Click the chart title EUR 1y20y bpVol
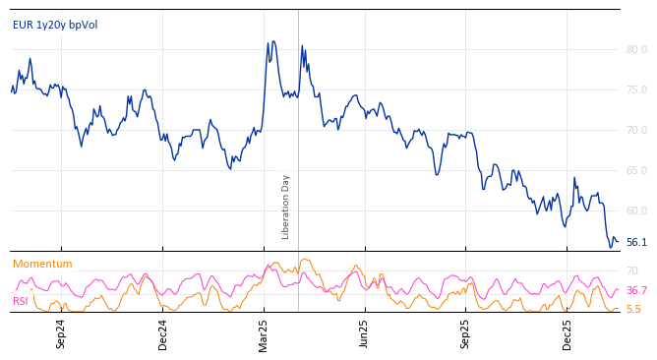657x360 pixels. (55, 25)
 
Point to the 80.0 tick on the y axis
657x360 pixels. (636, 49)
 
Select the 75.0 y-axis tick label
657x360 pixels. (636, 90)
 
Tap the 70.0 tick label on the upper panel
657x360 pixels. (636, 130)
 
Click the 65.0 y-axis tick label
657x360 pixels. (636, 170)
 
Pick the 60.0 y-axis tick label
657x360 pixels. (636, 210)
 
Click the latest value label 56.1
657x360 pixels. (636, 242)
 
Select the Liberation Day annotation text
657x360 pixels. (286, 207)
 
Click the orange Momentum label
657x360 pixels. (42, 264)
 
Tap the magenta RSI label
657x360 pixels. (21, 301)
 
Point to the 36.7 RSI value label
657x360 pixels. (636, 290)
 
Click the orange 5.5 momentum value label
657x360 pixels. (633, 309)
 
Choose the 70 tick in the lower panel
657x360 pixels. (632, 270)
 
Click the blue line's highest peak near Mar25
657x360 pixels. (273, 41)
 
